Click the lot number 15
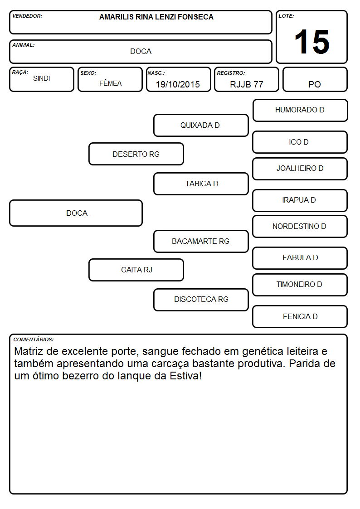pyautogui.click(x=312, y=42)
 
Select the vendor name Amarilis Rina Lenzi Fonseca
pyautogui.click(x=156, y=17)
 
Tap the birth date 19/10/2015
pyautogui.click(x=178, y=84)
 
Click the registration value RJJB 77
pyautogui.click(x=246, y=84)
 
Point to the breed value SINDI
pyautogui.click(x=42, y=78)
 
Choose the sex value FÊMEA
pyautogui.click(x=110, y=83)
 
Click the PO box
pyautogui.click(x=315, y=79)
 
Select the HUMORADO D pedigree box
pyautogui.click(x=300, y=111)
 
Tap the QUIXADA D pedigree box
pyautogui.click(x=201, y=125)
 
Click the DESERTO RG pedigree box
pyautogui.click(x=136, y=154)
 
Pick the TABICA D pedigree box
pyautogui.click(x=201, y=184)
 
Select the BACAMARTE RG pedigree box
pyautogui.click(x=201, y=242)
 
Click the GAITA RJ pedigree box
pyautogui.click(x=136, y=270)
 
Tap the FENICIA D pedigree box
pyautogui.click(x=300, y=316)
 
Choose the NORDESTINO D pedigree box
pyautogui.click(x=300, y=227)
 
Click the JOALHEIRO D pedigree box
pyautogui.click(x=300, y=169)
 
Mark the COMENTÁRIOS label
pyautogui.click(x=34, y=339)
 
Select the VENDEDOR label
pyautogui.click(x=27, y=16)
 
